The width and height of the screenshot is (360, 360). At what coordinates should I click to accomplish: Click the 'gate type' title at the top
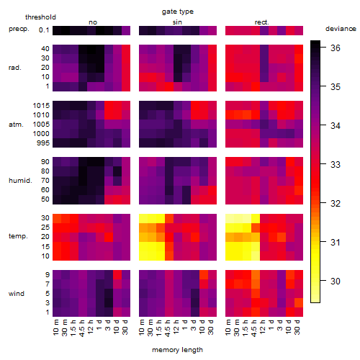pyautogui.click(x=178, y=12)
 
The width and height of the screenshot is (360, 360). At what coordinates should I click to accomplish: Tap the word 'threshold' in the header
pyautogui.click(x=40, y=17)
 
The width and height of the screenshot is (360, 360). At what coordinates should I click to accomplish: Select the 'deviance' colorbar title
pyautogui.click(x=341, y=29)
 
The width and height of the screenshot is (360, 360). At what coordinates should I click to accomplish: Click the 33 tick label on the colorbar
pyautogui.click(x=336, y=165)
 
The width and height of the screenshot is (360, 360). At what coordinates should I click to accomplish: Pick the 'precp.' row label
pyautogui.click(x=19, y=29)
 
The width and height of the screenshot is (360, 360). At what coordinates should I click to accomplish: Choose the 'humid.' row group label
pyautogui.click(x=20, y=181)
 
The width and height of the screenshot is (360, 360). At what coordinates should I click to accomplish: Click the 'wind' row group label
pyautogui.click(x=17, y=294)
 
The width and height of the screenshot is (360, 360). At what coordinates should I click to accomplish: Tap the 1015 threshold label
pyautogui.click(x=41, y=106)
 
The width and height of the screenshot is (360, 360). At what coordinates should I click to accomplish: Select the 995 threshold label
pyautogui.click(x=43, y=143)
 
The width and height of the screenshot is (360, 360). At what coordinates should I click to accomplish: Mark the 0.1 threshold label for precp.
pyautogui.click(x=44, y=30)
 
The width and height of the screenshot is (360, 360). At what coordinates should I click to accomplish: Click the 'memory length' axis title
pyautogui.click(x=178, y=350)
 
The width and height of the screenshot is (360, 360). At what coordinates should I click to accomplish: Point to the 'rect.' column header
pyautogui.click(x=262, y=22)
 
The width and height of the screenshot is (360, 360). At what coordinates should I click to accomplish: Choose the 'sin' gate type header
pyautogui.click(x=177, y=22)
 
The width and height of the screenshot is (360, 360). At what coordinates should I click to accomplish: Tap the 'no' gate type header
pyautogui.click(x=93, y=22)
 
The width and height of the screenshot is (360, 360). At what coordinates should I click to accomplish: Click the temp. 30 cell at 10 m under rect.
pyautogui.click(x=230, y=218)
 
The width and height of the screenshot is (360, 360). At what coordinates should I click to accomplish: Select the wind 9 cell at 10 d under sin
pyautogui.click(x=204, y=274)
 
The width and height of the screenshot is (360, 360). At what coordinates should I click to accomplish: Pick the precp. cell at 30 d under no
pyautogui.click(x=126, y=30)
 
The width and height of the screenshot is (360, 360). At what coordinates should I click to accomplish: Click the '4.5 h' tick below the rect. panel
pyautogui.click(x=254, y=328)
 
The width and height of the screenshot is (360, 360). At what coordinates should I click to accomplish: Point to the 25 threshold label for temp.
pyautogui.click(x=45, y=228)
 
